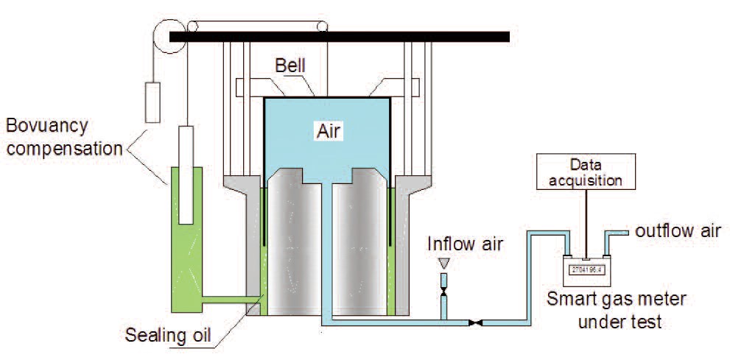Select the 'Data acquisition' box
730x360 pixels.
point(587,172)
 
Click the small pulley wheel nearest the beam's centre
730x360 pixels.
point(320,27)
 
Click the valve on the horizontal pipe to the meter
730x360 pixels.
point(477,322)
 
